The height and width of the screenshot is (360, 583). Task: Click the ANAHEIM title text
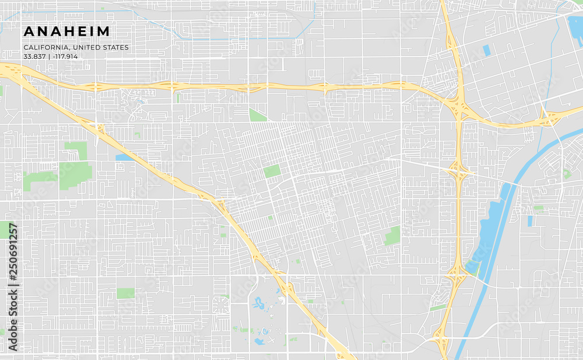click(x=66, y=31)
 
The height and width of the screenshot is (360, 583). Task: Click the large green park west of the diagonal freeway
click(x=75, y=174)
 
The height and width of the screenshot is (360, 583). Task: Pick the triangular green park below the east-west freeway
click(x=257, y=115)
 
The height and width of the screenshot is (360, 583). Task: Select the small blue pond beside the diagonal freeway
click(x=124, y=157)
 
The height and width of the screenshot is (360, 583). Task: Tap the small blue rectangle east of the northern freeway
click(x=486, y=51)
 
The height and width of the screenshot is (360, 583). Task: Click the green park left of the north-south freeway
click(x=392, y=236)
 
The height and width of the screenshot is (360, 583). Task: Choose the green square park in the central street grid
click(x=271, y=171)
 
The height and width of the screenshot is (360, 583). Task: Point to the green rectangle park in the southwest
click(x=125, y=293)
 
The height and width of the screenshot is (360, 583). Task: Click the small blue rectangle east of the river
click(x=530, y=221)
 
